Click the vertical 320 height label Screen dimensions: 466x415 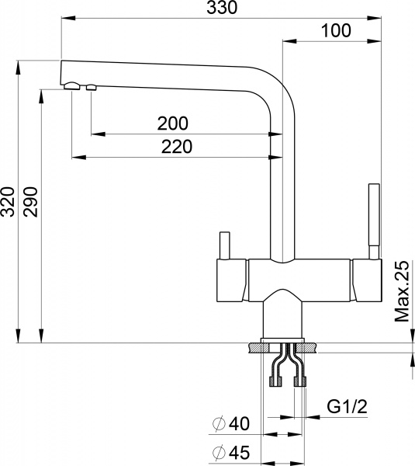[x=9, y=203]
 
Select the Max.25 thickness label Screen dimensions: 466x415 [x=401, y=291]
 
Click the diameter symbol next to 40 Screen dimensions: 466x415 [x=219, y=424]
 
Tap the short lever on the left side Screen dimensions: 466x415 [x=225, y=245]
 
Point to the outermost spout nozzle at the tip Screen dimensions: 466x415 [x=71, y=85]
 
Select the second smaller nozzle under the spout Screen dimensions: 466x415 [x=91, y=87]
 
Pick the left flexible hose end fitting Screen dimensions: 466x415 [x=272, y=381]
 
